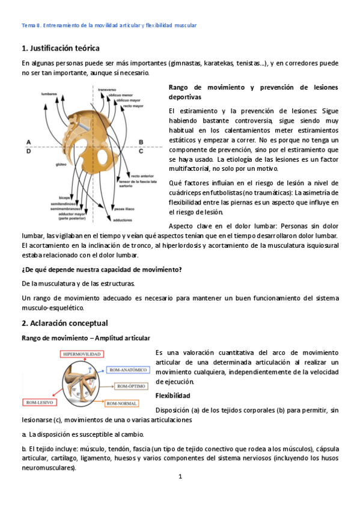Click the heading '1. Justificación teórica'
click(x=60, y=48)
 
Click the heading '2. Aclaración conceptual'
click(x=64, y=323)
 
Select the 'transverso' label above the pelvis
click(x=106, y=89)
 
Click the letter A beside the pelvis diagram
click(x=28, y=142)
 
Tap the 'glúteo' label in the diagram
click(x=61, y=162)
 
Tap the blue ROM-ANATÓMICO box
click(x=127, y=370)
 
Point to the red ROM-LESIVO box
click(x=40, y=401)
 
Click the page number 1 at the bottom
click(x=180, y=477)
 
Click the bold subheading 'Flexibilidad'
click(x=173, y=396)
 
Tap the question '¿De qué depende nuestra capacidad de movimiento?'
click(x=101, y=269)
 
